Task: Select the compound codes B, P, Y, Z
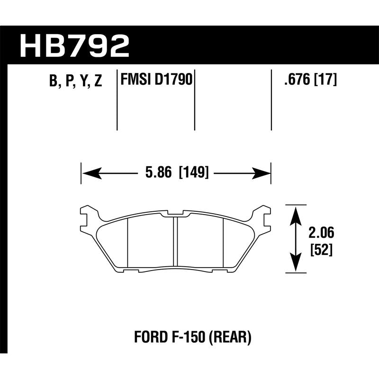pos(75,81)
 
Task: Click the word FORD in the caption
pos(148,338)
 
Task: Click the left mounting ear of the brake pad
pos(86,216)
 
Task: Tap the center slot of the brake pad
pos(175,242)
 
